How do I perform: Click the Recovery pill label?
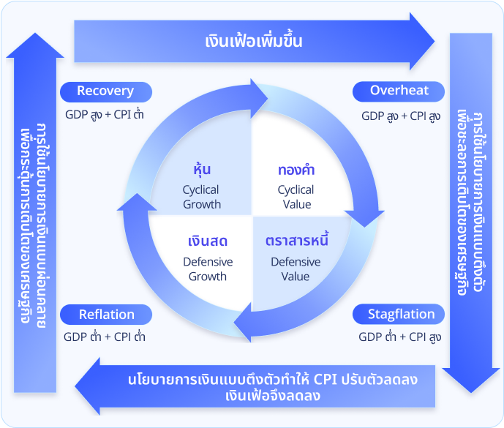point(105,91)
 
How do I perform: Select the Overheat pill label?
point(399,91)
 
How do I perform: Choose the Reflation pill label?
point(107,315)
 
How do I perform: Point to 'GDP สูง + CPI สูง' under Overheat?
point(401,116)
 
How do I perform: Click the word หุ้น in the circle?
point(201,170)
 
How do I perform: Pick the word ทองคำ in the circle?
point(296,170)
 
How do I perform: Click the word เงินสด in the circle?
point(207,241)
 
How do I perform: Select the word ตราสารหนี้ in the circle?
point(296,241)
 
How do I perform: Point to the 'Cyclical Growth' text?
point(201,197)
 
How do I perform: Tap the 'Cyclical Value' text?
point(296,197)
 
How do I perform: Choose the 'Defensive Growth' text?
point(208,269)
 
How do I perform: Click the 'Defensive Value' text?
point(296,269)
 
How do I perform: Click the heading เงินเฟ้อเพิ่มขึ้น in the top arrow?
point(254,41)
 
